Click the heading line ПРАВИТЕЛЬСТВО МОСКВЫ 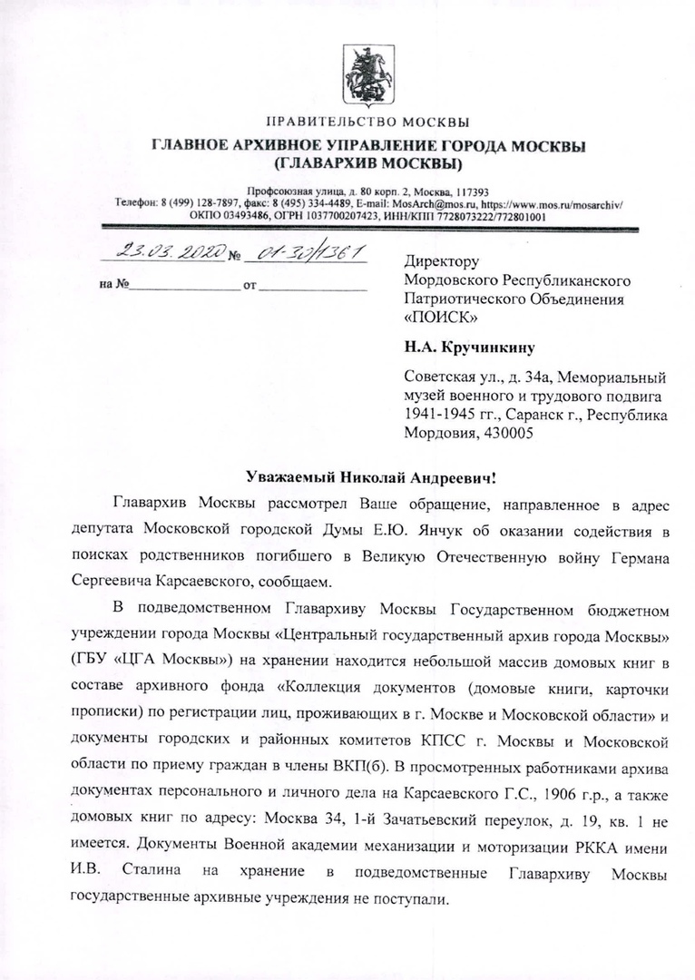click(367, 122)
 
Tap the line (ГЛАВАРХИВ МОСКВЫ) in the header click(367, 163)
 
